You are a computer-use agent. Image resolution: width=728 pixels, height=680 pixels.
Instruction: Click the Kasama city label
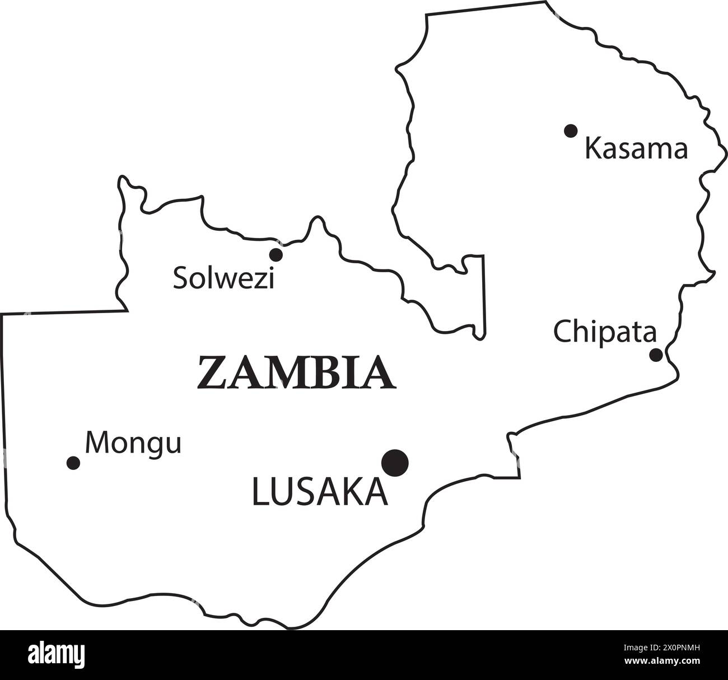click(x=636, y=150)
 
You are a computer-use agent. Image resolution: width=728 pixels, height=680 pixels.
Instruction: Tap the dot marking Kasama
click(x=571, y=131)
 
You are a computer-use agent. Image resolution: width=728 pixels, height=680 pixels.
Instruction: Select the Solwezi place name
click(x=223, y=278)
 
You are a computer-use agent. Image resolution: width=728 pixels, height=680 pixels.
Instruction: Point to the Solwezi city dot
click(x=276, y=255)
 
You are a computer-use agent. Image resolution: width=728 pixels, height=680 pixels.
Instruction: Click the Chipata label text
click(x=605, y=332)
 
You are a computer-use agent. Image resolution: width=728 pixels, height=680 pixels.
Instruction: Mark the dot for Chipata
click(x=656, y=355)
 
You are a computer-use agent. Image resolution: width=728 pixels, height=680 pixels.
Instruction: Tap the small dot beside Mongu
click(x=73, y=463)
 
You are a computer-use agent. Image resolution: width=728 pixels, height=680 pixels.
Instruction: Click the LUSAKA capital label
click(x=320, y=492)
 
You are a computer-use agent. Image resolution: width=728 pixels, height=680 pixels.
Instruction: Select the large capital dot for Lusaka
click(x=395, y=463)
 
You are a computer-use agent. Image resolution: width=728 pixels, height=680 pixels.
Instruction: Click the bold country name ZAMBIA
click(x=296, y=372)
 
